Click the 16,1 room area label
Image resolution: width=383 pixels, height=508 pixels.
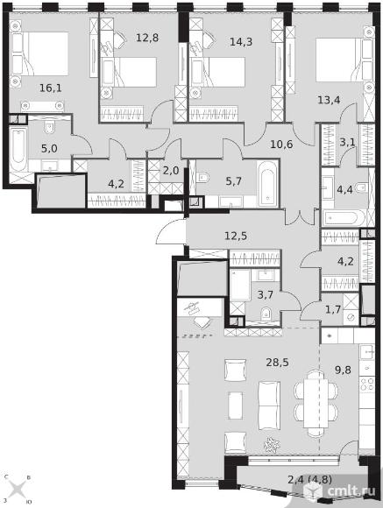click(x=50, y=88)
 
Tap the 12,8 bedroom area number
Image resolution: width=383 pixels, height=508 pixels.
click(x=147, y=38)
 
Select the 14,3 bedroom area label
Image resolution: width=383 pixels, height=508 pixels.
click(x=241, y=42)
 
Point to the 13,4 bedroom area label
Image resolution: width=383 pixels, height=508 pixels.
click(x=329, y=100)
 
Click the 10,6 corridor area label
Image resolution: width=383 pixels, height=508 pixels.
click(x=281, y=145)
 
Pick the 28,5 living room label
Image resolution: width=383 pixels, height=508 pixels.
click(x=277, y=363)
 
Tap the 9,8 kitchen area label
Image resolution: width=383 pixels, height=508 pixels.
click(x=343, y=370)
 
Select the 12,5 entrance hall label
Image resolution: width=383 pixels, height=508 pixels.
click(x=236, y=236)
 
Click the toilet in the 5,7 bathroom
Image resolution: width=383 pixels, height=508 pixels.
click(x=202, y=177)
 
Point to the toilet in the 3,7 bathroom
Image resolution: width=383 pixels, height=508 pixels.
click(x=266, y=314)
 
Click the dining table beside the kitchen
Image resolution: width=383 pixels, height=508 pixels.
click(x=316, y=404)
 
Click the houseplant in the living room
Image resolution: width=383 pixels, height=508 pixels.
click(x=271, y=445)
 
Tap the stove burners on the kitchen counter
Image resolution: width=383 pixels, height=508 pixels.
click(x=367, y=385)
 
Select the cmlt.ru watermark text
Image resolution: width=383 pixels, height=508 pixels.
click(x=351, y=490)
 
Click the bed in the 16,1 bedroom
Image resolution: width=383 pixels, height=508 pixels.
click(x=39, y=53)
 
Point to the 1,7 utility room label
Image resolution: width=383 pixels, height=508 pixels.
click(x=333, y=309)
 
